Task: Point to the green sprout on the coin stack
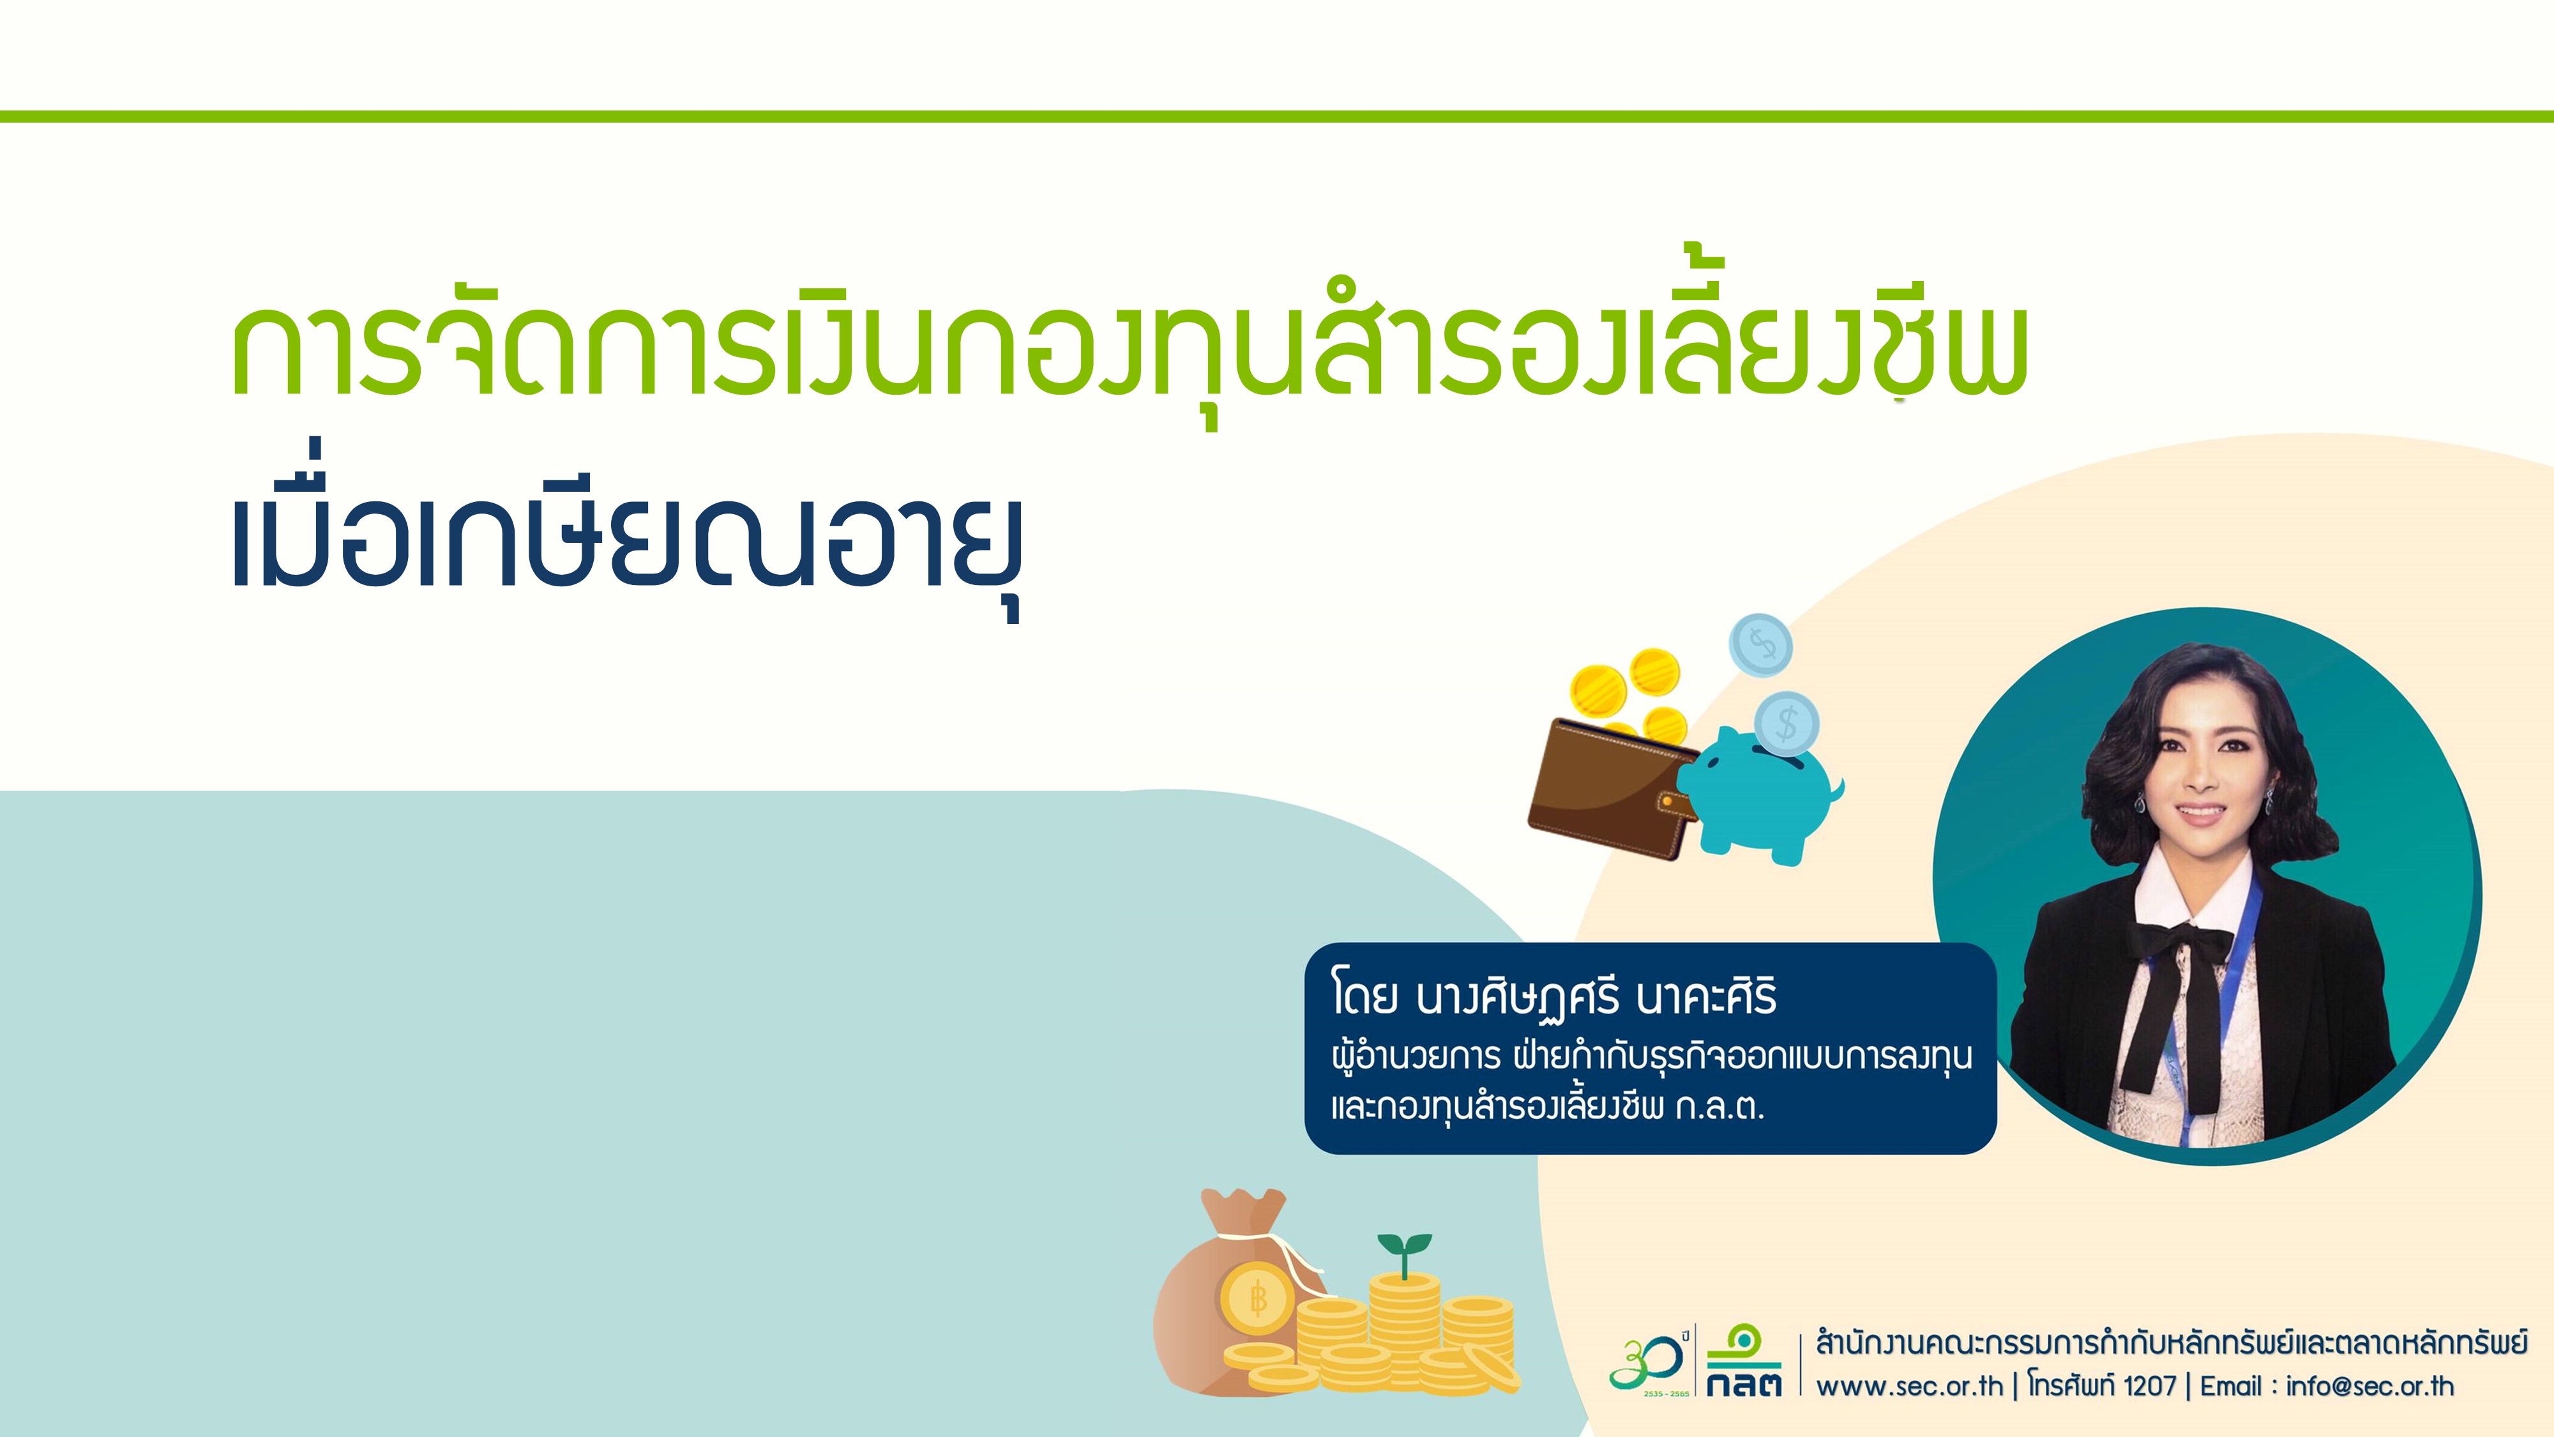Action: pyautogui.click(x=1404, y=1252)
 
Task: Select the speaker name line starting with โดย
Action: pyautogui.click(x=1553, y=998)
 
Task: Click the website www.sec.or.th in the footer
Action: pyautogui.click(x=1908, y=1385)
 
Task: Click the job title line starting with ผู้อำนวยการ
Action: pyautogui.click(x=1651, y=1057)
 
